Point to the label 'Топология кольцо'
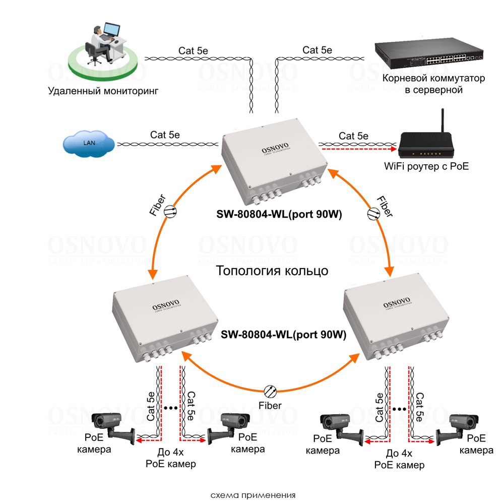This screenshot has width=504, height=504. click(x=272, y=271)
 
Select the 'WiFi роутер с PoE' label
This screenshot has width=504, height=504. click(x=426, y=165)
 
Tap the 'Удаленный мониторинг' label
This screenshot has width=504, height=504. click(x=103, y=91)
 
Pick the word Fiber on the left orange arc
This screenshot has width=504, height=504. click(x=157, y=205)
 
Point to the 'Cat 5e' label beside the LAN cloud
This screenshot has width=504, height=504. click(x=165, y=135)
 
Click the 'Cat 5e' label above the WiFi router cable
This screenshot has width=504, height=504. click(x=353, y=136)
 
